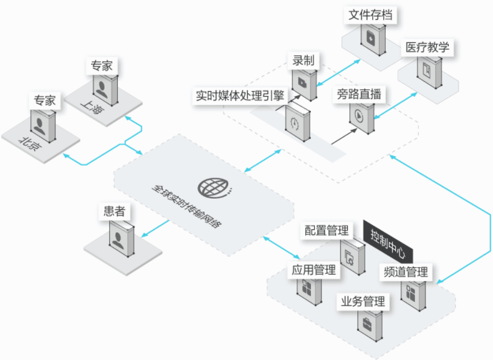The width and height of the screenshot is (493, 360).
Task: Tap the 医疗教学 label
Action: (x=428, y=47)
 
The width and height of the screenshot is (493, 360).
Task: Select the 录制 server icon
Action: (x=304, y=82)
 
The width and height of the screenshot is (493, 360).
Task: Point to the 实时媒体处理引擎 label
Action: (x=240, y=96)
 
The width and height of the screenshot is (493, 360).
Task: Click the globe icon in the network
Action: (x=212, y=186)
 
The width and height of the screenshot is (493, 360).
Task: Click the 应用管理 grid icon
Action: (x=308, y=288)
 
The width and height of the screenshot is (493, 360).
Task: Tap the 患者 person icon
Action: (x=117, y=237)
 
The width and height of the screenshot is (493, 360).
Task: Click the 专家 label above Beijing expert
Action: (x=45, y=100)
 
